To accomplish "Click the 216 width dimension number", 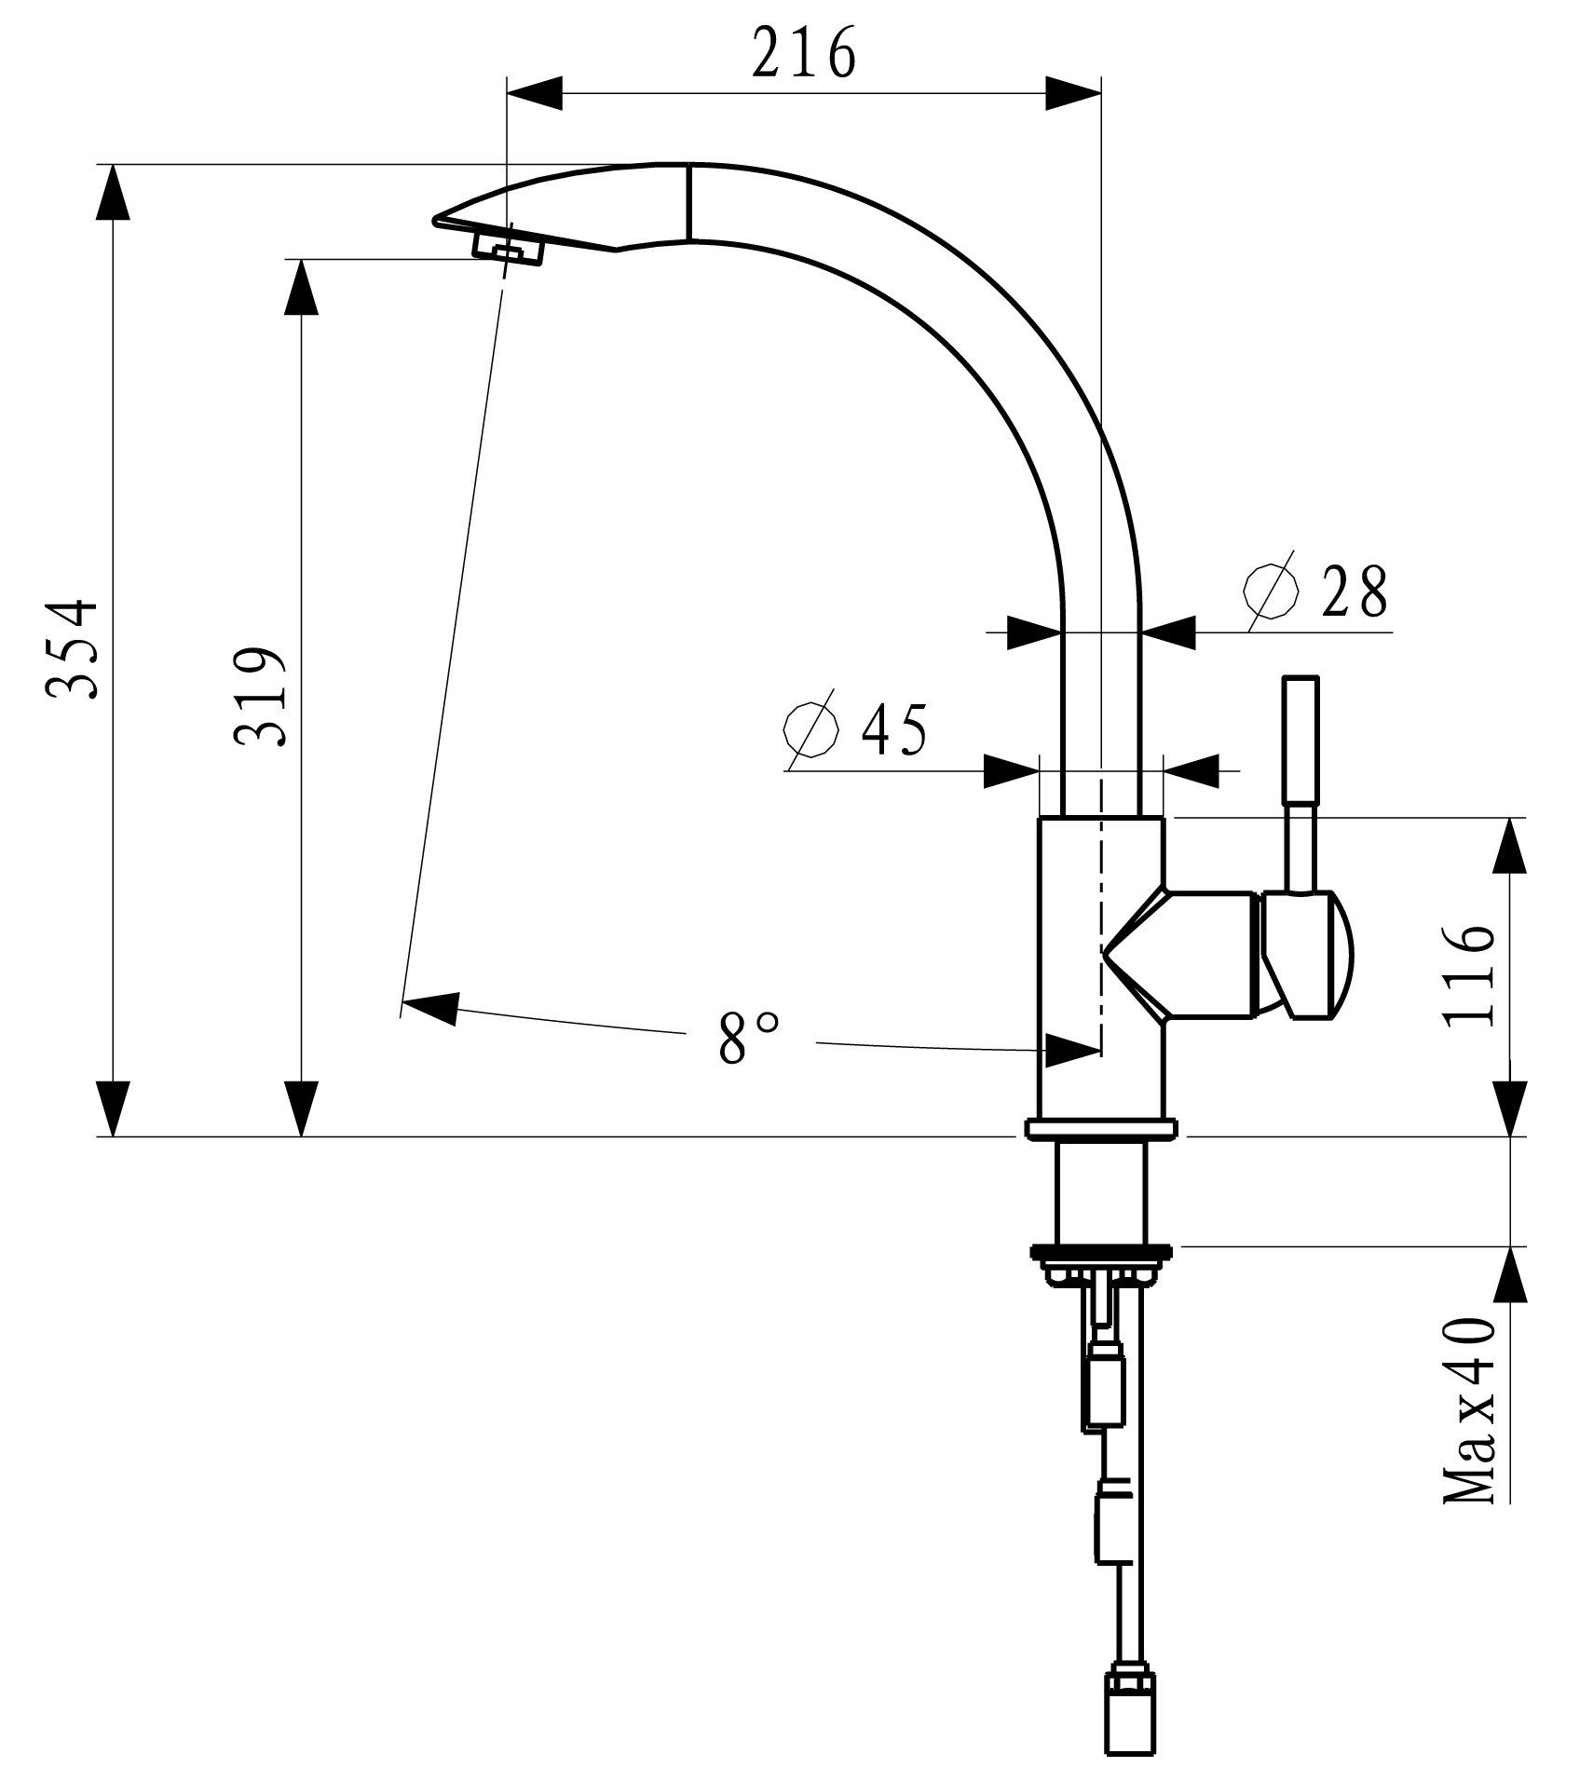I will (x=803, y=54).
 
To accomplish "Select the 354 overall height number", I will (x=73, y=649).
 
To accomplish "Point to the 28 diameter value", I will (x=1355, y=591).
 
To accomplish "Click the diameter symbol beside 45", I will (x=810, y=728).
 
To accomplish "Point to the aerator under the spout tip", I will (x=509, y=251).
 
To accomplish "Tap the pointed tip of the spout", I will (x=437, y=221).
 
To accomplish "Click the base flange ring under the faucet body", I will (x=1100, y=1129).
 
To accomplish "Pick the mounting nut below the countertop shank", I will (x=1100, y=1255).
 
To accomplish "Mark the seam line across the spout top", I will (x=689, y=202).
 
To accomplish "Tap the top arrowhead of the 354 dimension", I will (x=113, y=192).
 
